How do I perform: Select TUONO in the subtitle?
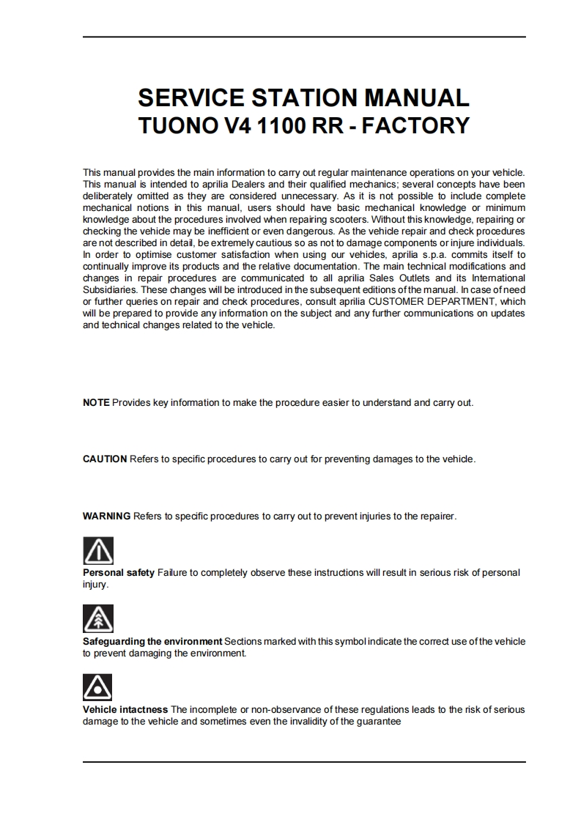(x=175, y=125)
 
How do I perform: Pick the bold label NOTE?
(x=96, y=403)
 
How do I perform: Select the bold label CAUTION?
(x=105, y=459)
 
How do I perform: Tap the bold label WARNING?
(x=106, y=516)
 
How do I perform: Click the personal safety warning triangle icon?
(x=97, y=550)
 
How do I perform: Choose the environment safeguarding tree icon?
(x=97, y=619)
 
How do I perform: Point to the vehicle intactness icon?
(x=97, y=687)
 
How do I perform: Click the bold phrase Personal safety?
(x=119, y=572)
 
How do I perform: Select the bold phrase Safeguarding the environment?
(x=152, y=641)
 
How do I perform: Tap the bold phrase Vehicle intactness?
(x=125, y=709)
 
